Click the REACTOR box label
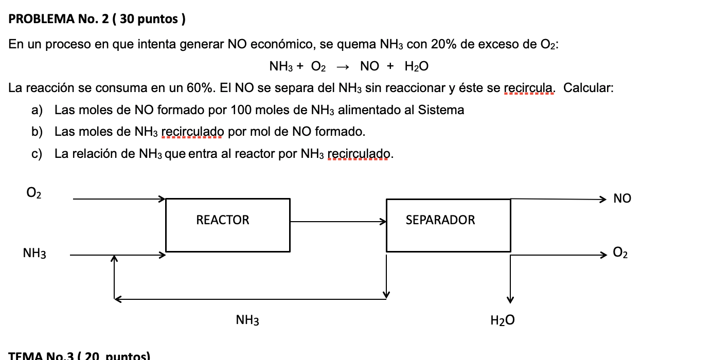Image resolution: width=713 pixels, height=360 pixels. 222,220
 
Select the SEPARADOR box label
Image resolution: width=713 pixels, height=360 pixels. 440,220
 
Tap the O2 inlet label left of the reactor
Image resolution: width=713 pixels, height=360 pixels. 34,193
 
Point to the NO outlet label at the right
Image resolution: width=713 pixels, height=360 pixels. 622,199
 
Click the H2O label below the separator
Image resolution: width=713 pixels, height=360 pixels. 502,321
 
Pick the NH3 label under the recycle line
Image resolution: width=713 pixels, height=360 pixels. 247,321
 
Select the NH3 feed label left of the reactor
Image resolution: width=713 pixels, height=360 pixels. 34,254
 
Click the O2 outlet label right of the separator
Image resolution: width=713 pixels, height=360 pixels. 620,253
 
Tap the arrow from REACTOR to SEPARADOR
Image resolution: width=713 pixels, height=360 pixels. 337,222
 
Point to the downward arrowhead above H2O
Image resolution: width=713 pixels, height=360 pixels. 510,299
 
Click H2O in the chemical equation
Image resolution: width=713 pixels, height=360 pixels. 416,66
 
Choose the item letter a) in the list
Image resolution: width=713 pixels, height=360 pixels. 37,110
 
